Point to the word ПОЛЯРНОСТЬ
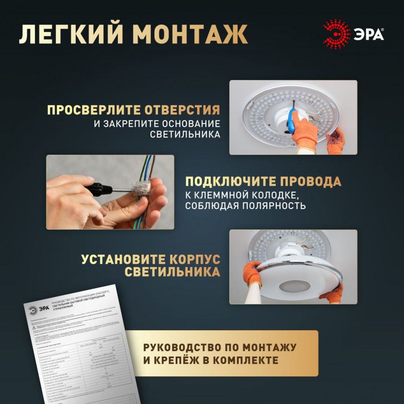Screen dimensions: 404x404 click(x=275, y=206)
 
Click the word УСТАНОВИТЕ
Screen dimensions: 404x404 click(x=122, y=259)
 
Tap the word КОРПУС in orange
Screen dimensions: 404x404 click(x=195, y=259)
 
